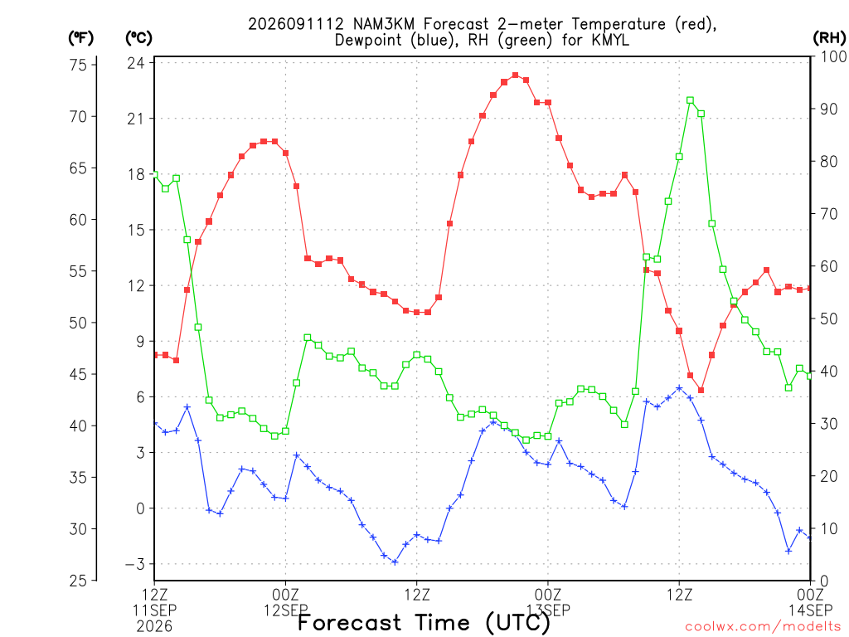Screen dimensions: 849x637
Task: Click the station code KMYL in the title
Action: [x=605, y=40]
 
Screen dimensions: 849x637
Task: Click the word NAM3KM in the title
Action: [x=383, y=24]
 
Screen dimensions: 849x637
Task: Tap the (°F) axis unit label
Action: [x=80, y=38]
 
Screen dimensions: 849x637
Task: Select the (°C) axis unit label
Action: [x=139, y=38]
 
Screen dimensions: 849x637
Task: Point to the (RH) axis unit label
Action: [x=829, y=38]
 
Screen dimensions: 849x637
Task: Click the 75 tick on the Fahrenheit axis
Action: [x=79, y=65]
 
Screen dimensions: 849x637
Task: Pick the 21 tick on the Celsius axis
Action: [x=136, y=118]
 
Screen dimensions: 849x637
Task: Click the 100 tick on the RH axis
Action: [x=832, y=56]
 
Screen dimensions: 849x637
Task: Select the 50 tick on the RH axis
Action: [x=828, y=318]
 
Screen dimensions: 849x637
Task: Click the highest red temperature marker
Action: [x=515, y=75]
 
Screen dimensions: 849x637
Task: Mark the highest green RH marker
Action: [x=690, y=100]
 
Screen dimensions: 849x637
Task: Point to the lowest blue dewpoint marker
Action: [x=395, y=562]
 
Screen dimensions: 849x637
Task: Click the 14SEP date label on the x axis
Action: [x=810, y=610]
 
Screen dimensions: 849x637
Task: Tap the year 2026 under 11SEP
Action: [x=154, y=627]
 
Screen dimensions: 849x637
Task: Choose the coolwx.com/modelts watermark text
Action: [x=764, y=627]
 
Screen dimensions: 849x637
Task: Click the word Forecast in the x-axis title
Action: [x=349, y=623]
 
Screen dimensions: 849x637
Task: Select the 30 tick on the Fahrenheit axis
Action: [x=79, y=528]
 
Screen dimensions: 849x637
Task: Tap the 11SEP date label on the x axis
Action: [x=154, y=610]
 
